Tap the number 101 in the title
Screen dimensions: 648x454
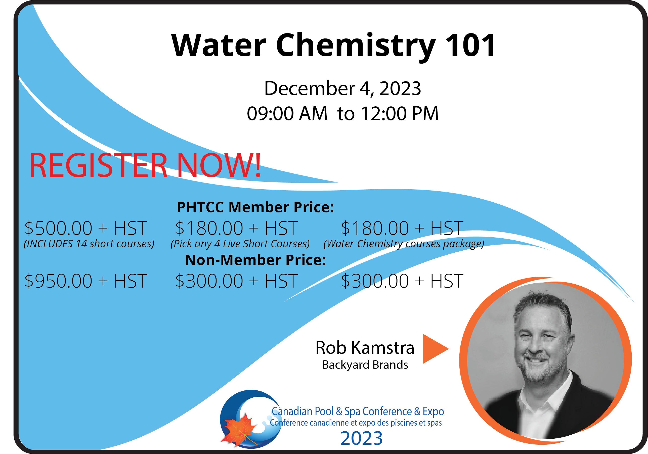pos(470,45)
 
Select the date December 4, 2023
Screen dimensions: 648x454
pos(342,88)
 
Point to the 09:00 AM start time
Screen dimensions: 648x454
pos(287,113)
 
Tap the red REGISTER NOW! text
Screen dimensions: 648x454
pos(145,165)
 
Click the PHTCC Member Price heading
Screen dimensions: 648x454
pos(255,207)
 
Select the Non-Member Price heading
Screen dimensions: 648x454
pos(255,260)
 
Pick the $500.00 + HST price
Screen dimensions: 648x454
pos(86,228)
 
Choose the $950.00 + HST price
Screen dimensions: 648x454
pos(86,281)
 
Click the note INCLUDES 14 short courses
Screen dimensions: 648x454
pos(89,244)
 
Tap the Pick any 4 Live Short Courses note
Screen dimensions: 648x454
pos(240,244)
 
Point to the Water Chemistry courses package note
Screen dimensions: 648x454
pos(404,244)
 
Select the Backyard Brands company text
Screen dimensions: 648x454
pos(365,365)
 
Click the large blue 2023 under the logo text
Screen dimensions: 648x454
pos(362,438)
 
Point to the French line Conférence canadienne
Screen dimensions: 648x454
pos(356,423)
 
